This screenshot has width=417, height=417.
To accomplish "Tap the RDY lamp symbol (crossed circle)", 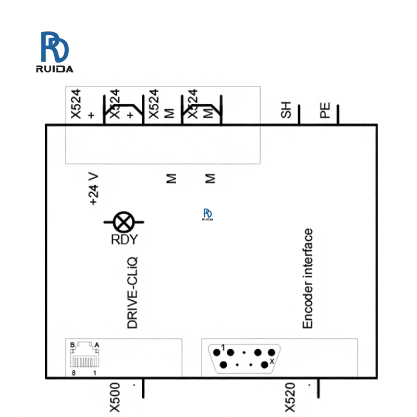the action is [x=124, y=223].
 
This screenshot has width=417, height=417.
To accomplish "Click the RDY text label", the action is [x=124, y=240].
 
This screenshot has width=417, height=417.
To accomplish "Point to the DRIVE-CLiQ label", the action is [x=132, y=291].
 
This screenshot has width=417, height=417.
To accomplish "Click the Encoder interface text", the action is [x=308, y=278].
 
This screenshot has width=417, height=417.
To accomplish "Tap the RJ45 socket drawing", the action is [x=84, y=358].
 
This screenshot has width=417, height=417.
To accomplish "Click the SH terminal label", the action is [x=286, y=111].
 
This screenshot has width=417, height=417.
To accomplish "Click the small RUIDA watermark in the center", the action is [x=208, y=214].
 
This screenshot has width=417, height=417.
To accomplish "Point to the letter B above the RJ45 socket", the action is [x=73, y=344].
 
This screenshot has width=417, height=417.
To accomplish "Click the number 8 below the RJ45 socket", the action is [x=73, y=373].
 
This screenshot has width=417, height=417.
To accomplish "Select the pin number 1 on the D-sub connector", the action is [x=222, y=347].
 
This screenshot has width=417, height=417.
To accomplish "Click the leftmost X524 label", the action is [x=75, y=104].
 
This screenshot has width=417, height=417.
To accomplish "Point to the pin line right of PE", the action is [x=337, y=115].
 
